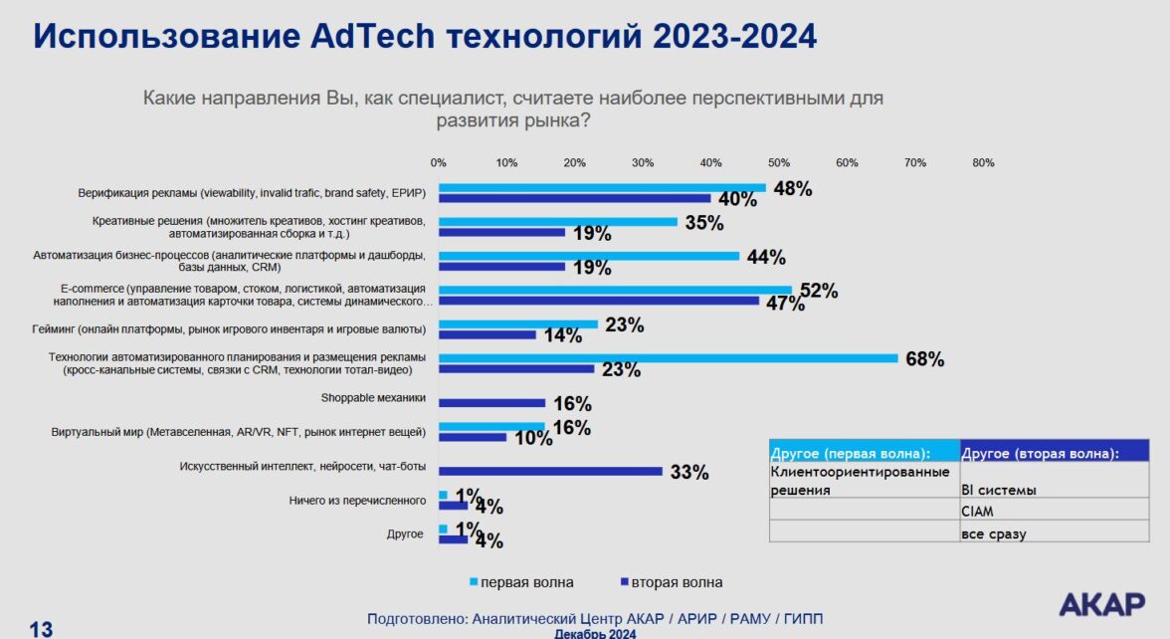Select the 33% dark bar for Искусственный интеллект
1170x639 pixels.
click(550, 471)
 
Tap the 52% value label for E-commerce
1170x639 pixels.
click(819, 291)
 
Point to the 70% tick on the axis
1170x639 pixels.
click(915, 162)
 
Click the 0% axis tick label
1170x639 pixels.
click(438, 162)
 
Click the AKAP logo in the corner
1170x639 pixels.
click(1101, 604)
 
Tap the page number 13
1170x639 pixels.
click(41, 629)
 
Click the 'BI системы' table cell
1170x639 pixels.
click(998, 490)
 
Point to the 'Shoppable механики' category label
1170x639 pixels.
click(373, 398)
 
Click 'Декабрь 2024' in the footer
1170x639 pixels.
click(595, 633)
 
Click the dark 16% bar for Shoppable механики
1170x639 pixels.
click(492, 403)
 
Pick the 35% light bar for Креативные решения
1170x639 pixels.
click(558, 222)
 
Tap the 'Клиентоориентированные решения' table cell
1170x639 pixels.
click(862, 481)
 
